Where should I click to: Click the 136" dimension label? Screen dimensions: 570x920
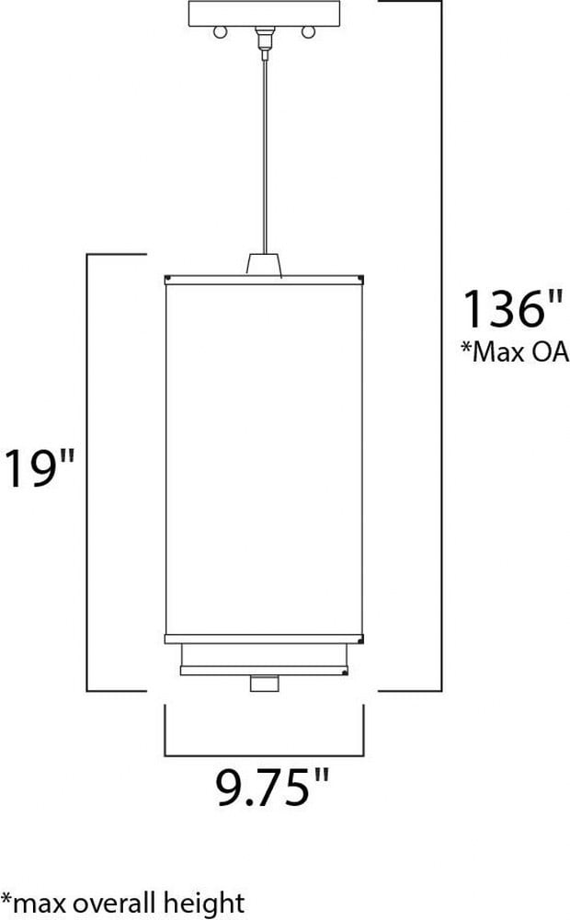(512, 308)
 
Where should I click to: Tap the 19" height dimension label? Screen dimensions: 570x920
(40, 467)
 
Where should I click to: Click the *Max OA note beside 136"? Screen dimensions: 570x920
(515, 351)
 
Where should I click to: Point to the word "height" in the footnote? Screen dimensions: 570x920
(203, 903)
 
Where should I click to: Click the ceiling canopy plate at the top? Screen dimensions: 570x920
(264, 14)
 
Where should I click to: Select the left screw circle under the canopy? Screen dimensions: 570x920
(220, 31)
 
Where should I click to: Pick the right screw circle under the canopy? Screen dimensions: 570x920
(309, 31)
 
